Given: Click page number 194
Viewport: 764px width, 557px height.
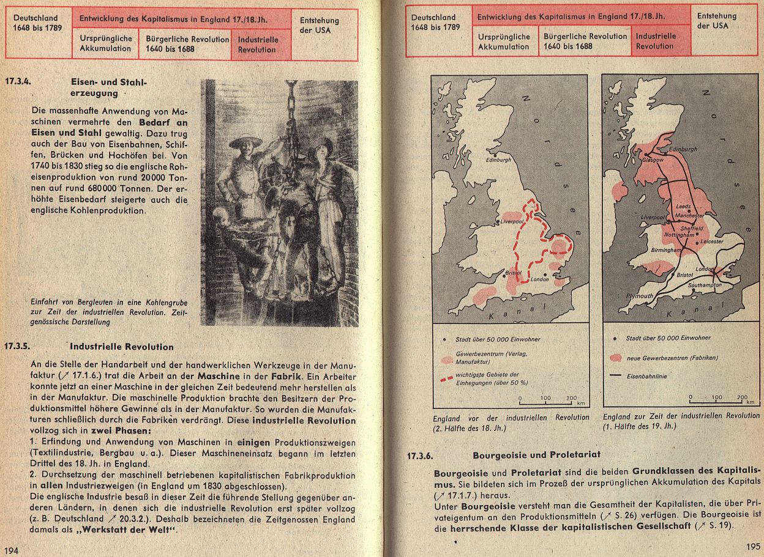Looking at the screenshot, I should [12, 550].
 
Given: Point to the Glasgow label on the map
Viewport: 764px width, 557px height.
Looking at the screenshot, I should [653, 160].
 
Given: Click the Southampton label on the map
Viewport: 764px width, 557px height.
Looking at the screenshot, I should [705, 286].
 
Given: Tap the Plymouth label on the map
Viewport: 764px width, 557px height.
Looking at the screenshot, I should [640, 295].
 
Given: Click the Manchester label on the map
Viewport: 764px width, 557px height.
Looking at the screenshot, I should [689, 216].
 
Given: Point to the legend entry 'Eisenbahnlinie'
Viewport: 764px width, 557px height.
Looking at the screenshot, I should [646, 377].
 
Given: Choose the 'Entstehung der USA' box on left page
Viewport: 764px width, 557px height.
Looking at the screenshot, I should [319, 25].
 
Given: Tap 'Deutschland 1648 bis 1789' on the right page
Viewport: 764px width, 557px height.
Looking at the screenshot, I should [435, 23].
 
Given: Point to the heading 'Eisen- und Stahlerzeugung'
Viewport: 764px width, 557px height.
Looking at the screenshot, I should [109, 87].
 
